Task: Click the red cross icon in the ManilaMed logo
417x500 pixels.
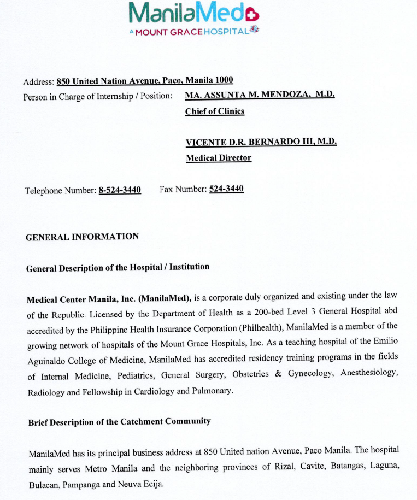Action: [252, 13]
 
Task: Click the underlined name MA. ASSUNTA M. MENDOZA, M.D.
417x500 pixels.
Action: [260, 95]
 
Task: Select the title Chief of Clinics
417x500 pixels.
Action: [214, 111]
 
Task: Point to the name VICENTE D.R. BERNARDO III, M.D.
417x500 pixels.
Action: [261, 142]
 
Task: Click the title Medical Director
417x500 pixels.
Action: [219, 158]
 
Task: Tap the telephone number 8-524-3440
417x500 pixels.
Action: [120, 190]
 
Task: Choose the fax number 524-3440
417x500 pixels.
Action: [226, 189]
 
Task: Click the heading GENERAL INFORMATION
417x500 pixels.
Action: [82, 237]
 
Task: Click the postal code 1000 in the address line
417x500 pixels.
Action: [223, 80]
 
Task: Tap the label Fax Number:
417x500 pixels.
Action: [183, 189]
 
